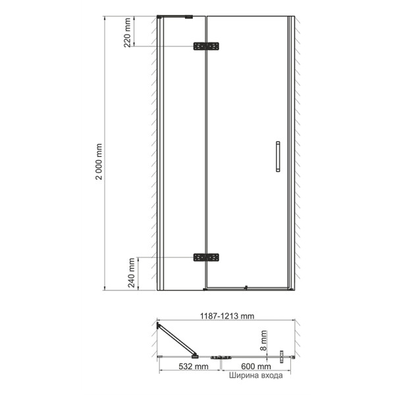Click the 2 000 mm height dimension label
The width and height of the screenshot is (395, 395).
click(99, 161)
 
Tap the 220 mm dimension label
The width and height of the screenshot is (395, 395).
click(127, 32)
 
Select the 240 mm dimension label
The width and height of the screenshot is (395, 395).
click(131, 273)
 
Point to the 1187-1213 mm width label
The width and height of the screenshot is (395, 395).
click(227, 316)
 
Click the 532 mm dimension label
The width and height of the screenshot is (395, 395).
click(194, 366)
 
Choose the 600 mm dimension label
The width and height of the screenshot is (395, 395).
click(256, 366)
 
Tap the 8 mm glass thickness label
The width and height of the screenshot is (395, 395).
click(263, 340)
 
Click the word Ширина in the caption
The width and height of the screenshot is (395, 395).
click(243, 375)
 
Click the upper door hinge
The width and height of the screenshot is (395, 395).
click(206, 46)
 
